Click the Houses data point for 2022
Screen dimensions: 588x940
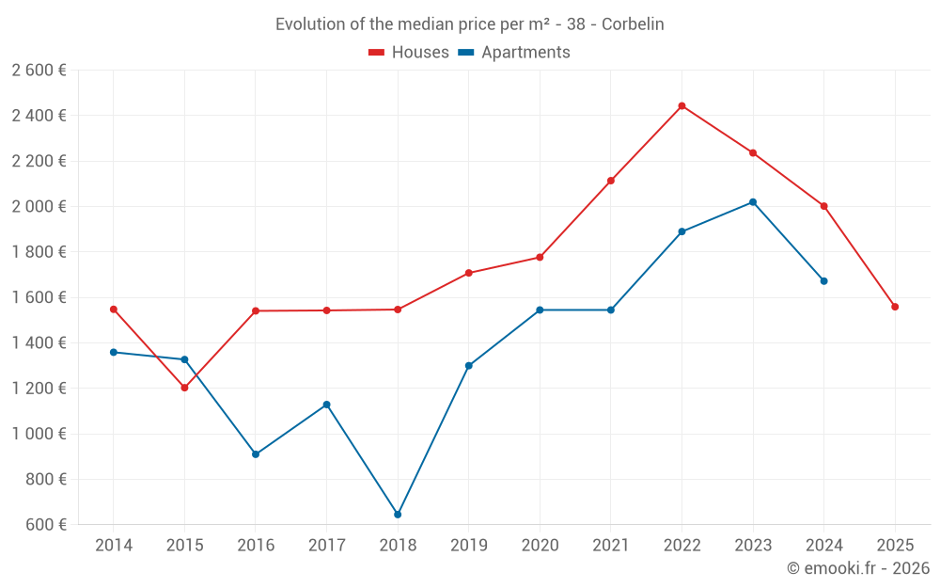pyautogui.click(x=681, y=105)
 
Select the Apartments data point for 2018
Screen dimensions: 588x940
pyautogui.click(x=398, y=515)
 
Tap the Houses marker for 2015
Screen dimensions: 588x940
pyautogui.click(x=184, y=388)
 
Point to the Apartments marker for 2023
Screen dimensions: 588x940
pyautogui.click(x=753, y=202)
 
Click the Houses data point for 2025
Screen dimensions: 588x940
pyautogui.click(x=895, y=307)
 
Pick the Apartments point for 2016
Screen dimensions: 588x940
pyautogui.click(x=256, y=454)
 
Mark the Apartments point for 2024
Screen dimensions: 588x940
pyautogui.click(x=824, y=281)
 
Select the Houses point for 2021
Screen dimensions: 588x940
pyautogui.click(x=611, y=181)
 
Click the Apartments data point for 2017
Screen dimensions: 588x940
pyautogui.click(x=327, y=405)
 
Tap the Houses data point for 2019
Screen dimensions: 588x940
pyautogui.click(x=469, y=273)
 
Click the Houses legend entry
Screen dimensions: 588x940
pyautogui.click(x=409, y=53)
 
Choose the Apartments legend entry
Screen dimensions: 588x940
pyautogui.click(x=514, y=53)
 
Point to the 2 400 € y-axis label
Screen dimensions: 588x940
pyautogui.click(x=39, y=116)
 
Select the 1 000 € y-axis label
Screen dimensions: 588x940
pyautogui.click(x=39, y=434)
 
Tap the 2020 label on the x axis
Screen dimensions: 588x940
pyautogui.click(x=540, y=546)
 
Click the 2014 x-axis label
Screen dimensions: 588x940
pyautogui.click(x=114, y=546)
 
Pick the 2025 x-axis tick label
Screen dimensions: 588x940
pyautogui.click(x=895, y=546)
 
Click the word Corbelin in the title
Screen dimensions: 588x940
pyautogui.click(x=633, y=24)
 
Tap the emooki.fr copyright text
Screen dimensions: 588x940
pyautogui.click(x=858, y=568)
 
